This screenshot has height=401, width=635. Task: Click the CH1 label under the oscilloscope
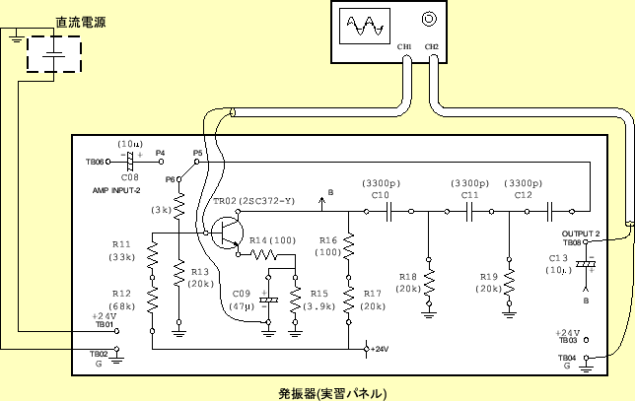pos(403,46)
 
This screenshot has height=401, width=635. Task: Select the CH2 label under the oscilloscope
pos(431,46)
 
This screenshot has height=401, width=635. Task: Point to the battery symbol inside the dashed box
pos(56,55)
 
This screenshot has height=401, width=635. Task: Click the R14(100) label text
pos(272,240)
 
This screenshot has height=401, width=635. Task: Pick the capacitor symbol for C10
pos(390,210)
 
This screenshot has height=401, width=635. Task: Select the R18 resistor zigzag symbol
pos(429,282)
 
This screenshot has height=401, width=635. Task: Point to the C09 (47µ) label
pos(242,301)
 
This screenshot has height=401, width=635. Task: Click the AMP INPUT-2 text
pos(117,189)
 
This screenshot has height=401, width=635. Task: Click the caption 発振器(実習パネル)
pos(337,391)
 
